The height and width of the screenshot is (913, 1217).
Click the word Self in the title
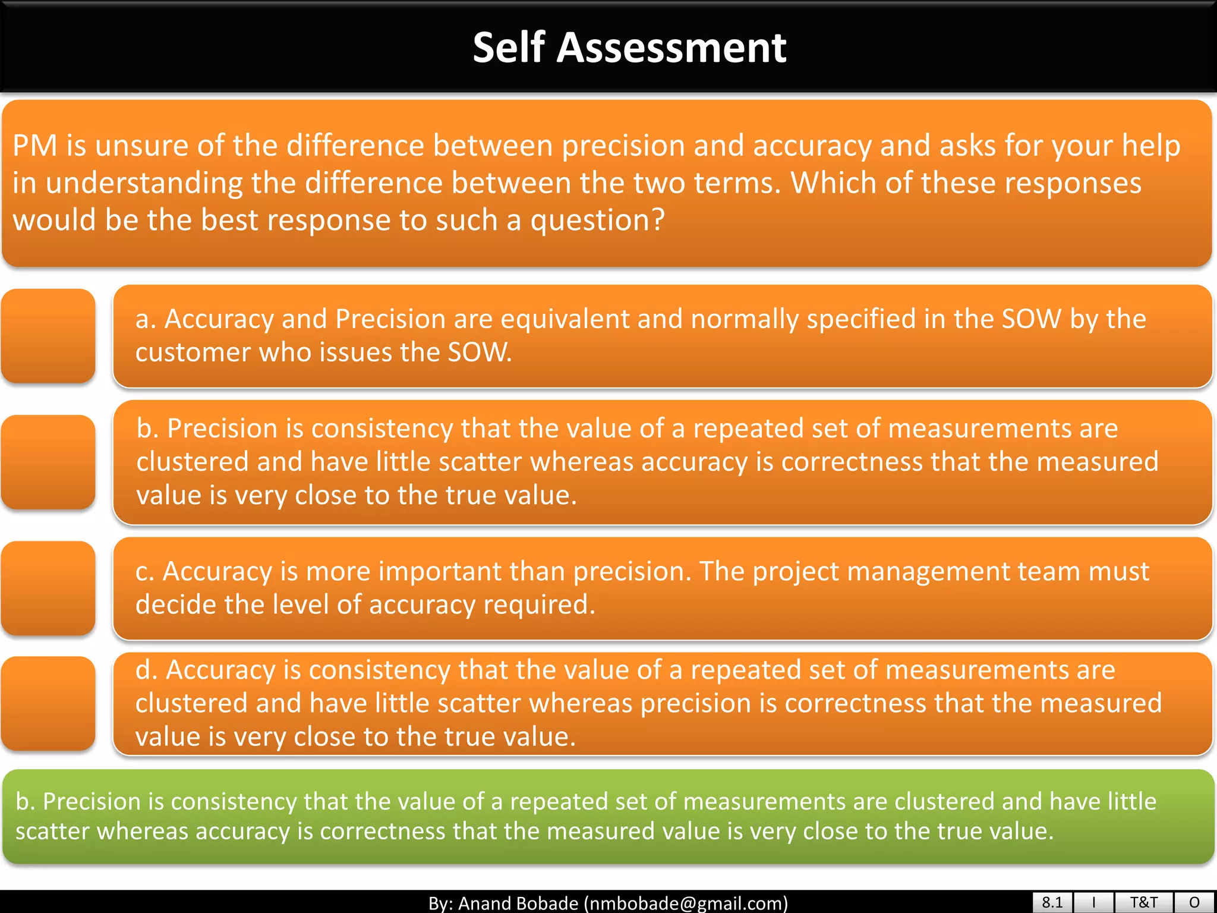[509, 48]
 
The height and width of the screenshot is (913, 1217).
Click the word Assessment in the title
[671, 48]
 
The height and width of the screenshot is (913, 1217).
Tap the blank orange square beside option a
[48, 336]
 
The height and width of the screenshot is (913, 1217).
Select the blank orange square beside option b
[48, 462]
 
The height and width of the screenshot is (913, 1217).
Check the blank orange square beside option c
[48, 588]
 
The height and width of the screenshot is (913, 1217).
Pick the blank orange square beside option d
[48, 703]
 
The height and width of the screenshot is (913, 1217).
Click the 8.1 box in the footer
[1052, 902]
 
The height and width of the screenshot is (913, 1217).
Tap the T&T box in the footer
[1143, 902]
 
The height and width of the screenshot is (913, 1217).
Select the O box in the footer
[1194, 902]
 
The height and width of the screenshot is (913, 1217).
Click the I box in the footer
[1093, 902]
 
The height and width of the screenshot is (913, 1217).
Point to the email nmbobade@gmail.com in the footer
[686, 903]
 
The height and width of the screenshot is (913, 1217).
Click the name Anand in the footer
[489, 903]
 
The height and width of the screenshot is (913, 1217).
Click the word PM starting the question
[34, 146]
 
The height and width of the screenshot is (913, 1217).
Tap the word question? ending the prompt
[597, 221]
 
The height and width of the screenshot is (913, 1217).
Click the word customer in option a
[193, 352]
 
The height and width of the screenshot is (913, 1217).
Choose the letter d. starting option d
[146, 670]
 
